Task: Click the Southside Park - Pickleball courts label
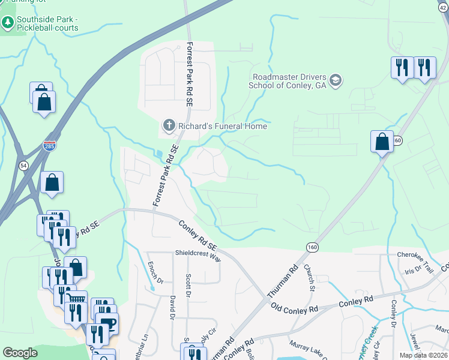point(47,23)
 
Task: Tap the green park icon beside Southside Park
point(8,23)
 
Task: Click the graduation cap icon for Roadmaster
point(336,80)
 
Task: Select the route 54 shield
point(23,166)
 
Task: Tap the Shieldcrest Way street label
point(198,253)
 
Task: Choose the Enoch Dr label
point(151,273)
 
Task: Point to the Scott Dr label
point(188,287)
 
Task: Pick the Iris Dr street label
point(414,269)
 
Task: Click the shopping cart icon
point(76,299)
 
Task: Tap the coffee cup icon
point(108,324)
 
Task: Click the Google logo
point(20,353)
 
